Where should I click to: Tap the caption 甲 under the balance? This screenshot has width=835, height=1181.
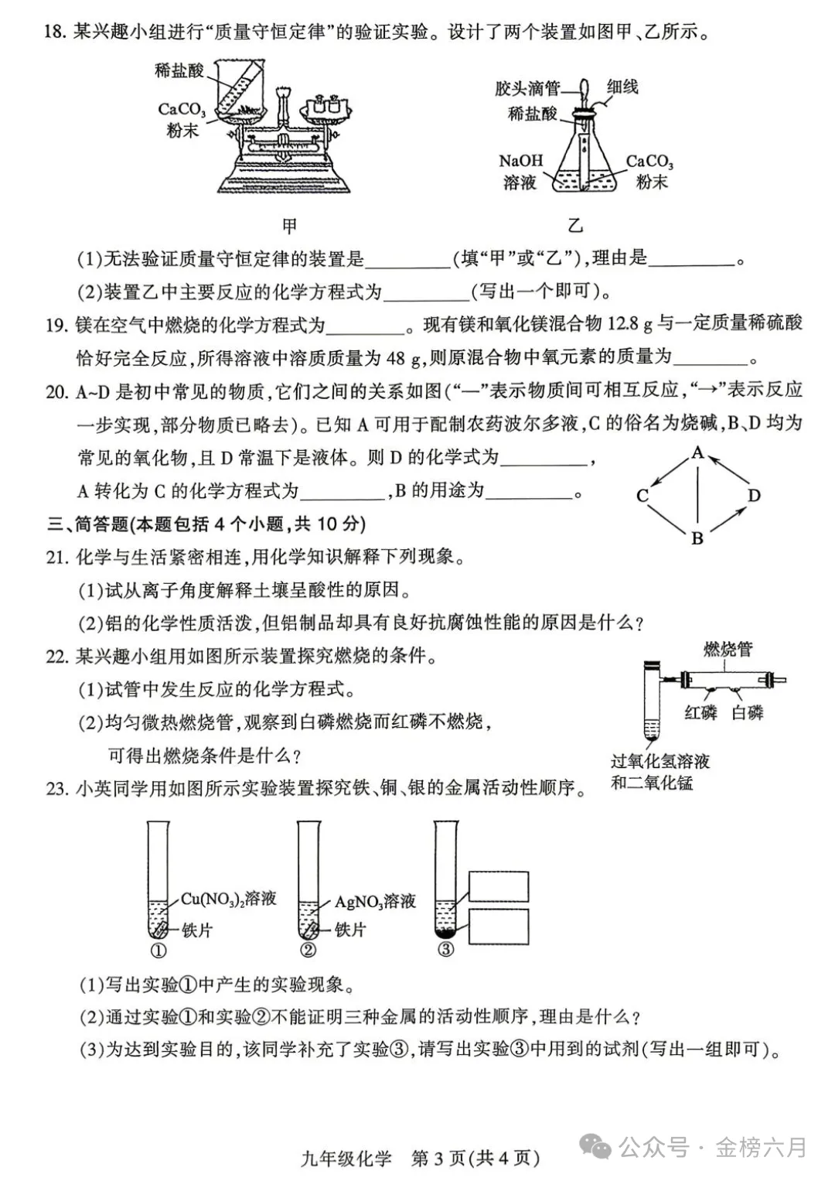click(289, 226)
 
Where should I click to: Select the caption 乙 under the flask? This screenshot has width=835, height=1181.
click(575, 226)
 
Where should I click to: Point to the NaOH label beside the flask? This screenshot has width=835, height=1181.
click(520, 161)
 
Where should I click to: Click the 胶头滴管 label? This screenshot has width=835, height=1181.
click(528, 89)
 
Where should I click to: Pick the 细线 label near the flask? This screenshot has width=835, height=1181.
click(622, 87)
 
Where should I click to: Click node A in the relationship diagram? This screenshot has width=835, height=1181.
click(697, 453)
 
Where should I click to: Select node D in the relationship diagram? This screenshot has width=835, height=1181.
click(754, 495)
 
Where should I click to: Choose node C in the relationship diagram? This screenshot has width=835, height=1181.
click(642, 496)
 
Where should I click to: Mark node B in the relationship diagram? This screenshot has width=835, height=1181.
click(697, 538)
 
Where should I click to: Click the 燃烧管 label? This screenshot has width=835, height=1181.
click(728, 649)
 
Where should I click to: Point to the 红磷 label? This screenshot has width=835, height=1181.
click(700, 712)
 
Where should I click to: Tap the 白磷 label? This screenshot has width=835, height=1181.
click(748, 712)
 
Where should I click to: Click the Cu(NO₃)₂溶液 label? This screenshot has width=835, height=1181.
click(229, 899)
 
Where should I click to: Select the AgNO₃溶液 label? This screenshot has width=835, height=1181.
click(375, 902)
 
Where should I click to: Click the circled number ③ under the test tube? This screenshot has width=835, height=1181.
click(445, 949)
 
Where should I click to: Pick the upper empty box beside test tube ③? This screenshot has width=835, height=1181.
click(499, 886)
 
